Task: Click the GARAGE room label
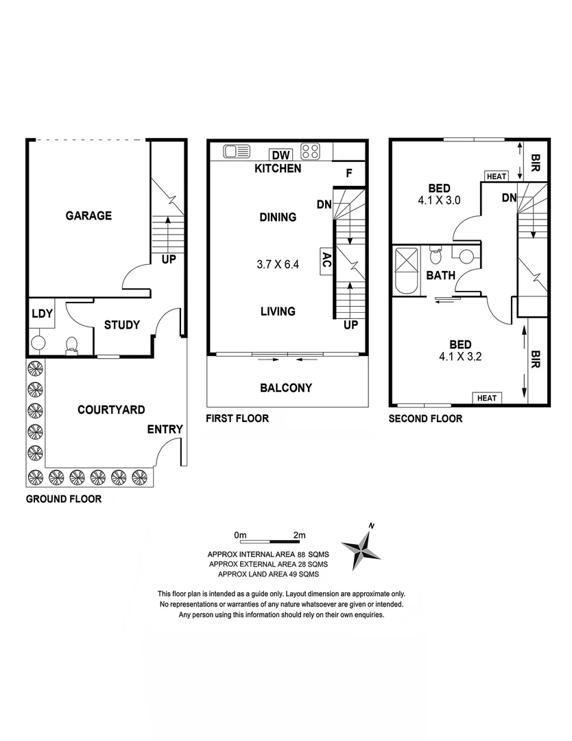pyautogui.click(x=88, y=215)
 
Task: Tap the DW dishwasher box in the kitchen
pyautogui.click(x=278, y=154)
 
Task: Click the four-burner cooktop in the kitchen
pyautogui.click(x=311, y=151)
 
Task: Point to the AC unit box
pyautogui.click(x=326, y=261)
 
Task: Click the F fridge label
pyautogui.click(x=348, y=173)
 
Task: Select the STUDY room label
pyautogui.click(x=122, y=325)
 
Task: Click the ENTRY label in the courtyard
pyautogui.click(x=165, y=430)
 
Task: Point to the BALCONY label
pyautogui.click(x=286, y=388)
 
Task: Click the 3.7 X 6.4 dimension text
pyautogui.click(x=277, y=263)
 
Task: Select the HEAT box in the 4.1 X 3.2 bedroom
pyautogui.click(x=486, y=398)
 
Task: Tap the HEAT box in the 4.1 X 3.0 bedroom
pyautogui.click(x=496, y=176)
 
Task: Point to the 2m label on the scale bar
pyautogui.click(x=298, y=534)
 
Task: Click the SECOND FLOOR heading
pyautogui.click(x=425, y=418)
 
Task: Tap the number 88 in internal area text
pyautogui.click(x=299, y=554)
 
